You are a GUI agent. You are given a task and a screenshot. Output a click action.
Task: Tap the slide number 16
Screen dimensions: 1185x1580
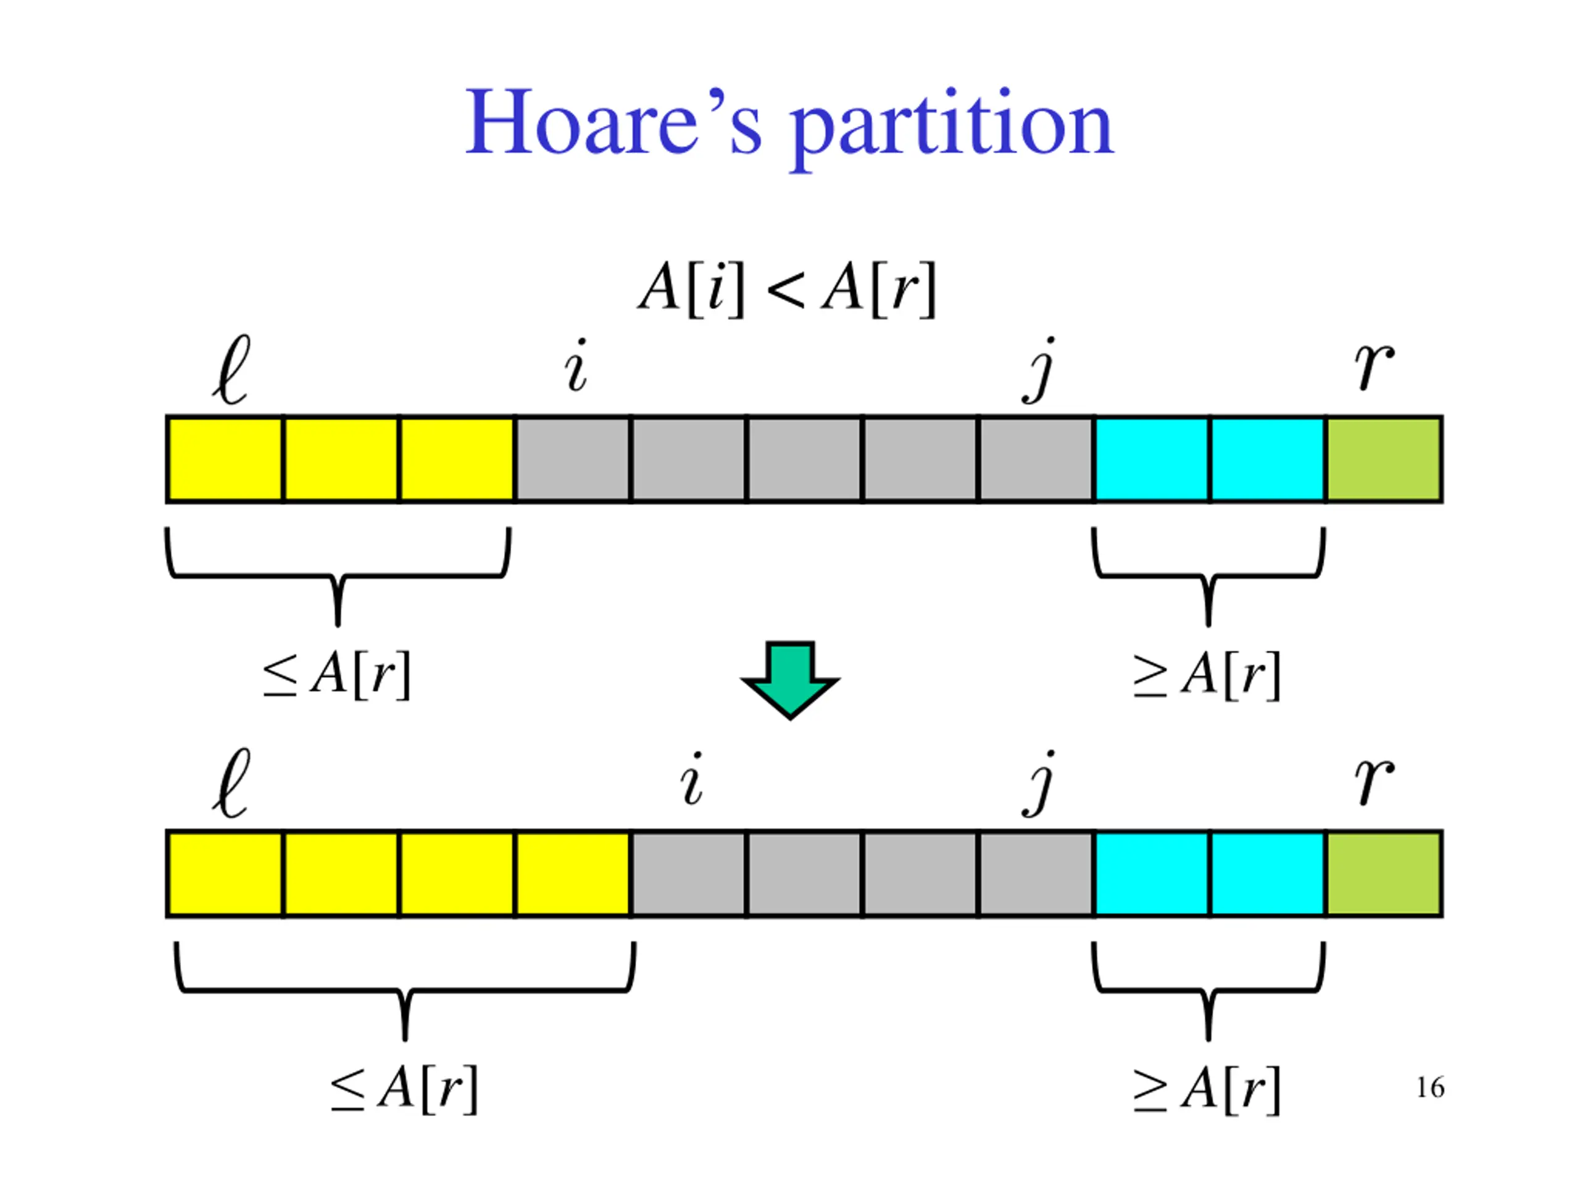1430,1088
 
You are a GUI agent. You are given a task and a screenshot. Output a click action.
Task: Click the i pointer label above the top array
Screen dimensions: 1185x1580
576,366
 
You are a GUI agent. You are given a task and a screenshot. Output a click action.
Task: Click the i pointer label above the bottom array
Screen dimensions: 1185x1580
691,780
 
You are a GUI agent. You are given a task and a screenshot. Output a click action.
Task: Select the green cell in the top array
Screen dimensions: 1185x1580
1384,460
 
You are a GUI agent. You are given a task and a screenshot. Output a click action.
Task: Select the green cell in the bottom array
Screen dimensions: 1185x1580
1384,873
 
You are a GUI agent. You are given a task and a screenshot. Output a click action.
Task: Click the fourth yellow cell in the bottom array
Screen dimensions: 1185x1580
572,873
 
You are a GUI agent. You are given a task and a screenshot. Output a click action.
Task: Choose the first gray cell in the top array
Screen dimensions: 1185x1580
572,460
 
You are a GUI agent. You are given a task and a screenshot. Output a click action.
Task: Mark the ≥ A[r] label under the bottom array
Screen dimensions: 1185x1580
1207,1089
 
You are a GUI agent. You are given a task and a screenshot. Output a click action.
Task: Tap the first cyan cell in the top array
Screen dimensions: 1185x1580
1152,460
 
